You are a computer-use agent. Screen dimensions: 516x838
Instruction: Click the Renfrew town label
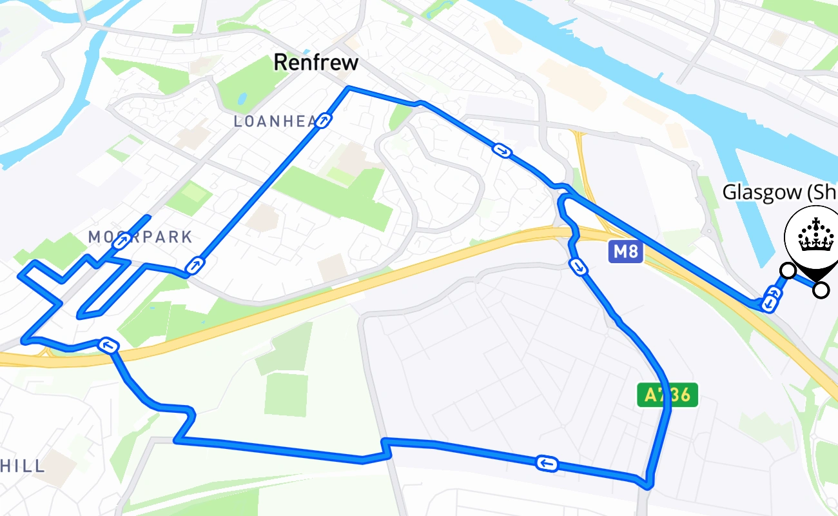(x=315, y=63)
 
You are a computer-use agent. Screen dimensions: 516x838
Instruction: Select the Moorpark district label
(x=140, y=237)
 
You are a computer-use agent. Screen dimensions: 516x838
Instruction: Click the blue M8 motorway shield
(x=625, y=252)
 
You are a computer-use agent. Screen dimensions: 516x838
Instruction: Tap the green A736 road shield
(x=667, y=395)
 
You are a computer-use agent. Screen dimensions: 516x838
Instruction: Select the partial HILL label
(x=23, y=466)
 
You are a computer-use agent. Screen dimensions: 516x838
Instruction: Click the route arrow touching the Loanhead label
(x=324, y=120)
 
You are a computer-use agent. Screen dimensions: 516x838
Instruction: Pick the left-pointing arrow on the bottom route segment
(x=547, y=463)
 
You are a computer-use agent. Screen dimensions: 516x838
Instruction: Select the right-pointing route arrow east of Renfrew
(x=502, y=151)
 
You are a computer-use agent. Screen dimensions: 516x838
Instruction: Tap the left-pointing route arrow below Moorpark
(x=108, y=346)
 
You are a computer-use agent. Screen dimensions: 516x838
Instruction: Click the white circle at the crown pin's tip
(x=821, y=290)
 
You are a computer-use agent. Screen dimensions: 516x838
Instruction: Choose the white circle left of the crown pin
(x=787, y=270)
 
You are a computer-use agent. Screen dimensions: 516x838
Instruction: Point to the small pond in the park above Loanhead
(x=242, y=99)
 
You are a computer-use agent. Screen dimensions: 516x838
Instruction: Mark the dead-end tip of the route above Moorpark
(x=150, y=216)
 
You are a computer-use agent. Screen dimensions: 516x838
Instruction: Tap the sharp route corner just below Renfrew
(x=348, y=87)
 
